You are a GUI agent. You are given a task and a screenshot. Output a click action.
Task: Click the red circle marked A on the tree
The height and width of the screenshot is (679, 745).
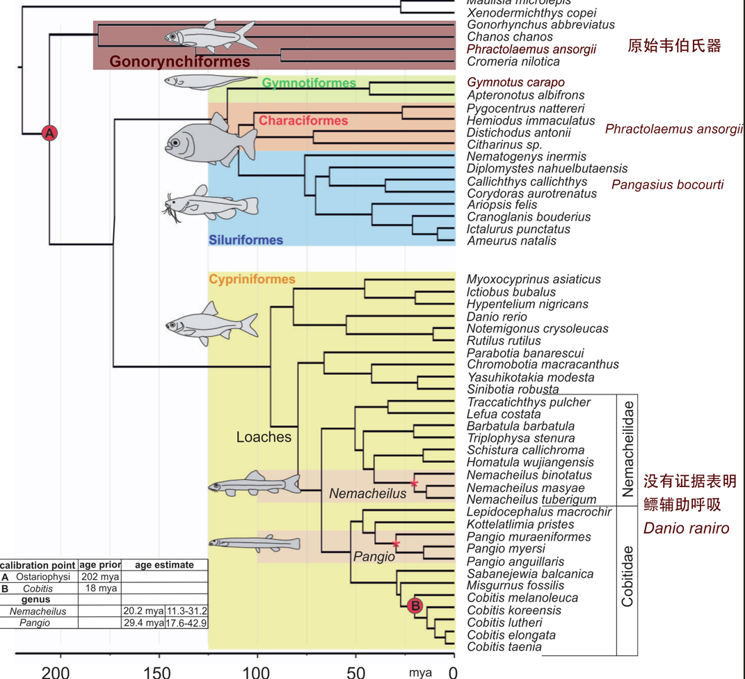point(49,133)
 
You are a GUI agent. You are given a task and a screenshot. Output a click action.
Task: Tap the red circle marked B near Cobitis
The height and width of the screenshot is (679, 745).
point(415,606)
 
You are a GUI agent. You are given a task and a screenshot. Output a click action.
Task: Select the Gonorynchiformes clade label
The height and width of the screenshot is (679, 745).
point(179,62)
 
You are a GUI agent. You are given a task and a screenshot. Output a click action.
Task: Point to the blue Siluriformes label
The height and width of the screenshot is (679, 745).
point(246,240)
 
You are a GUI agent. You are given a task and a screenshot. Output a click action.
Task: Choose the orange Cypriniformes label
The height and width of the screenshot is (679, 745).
point(252,279)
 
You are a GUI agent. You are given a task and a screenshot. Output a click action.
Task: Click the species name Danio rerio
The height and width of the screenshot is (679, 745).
point(497,317)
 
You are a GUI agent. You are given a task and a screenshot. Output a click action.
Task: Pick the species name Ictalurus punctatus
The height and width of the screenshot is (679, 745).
point(518,229)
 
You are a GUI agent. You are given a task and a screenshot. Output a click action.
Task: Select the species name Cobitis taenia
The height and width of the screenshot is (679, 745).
point(504,647)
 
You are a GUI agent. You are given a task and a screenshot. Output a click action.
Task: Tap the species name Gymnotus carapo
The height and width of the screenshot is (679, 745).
point(515,83)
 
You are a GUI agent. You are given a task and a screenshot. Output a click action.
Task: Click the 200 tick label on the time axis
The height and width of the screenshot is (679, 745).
point(56,672)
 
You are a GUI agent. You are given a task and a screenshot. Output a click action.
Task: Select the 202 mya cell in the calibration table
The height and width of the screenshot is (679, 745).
point(99,577)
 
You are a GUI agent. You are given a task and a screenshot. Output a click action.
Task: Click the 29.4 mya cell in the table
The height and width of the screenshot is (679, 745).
point(143,623)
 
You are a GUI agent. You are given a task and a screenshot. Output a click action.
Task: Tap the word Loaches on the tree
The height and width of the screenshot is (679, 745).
point(264,437)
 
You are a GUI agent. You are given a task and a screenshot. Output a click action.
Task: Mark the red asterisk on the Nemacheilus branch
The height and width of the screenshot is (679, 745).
point(414,483)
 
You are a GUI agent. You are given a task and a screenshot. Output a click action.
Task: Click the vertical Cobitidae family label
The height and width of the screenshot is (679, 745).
point(627,576)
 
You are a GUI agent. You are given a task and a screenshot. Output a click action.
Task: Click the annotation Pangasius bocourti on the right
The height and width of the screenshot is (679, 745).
point(667,184)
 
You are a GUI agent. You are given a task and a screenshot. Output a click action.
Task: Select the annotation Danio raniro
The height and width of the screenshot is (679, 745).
point(686,528)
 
